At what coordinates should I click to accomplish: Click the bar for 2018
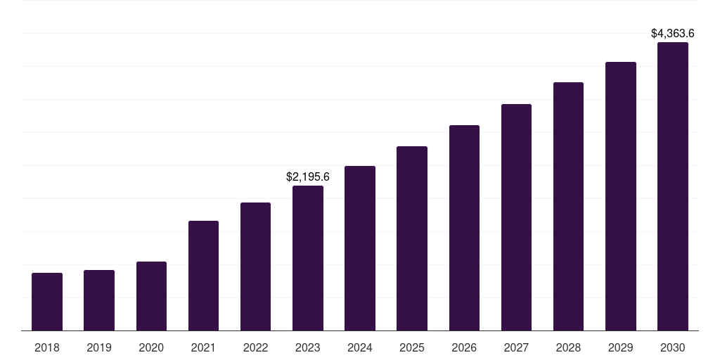[x=47, y=302]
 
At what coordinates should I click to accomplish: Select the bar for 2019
[x=99, y=300]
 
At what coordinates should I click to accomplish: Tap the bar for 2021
[x=203, y=276]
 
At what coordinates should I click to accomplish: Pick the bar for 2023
[x=308, y=258]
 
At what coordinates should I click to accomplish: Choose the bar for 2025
[x=412, y=238]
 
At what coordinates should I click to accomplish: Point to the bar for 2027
[x=516, y=217]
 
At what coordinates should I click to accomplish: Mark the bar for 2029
[x=621, y=196]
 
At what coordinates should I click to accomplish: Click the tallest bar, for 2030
[x=673, y=186]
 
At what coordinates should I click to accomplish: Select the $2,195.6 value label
[x=308, y=177]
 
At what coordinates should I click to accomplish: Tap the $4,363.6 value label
[x=673, y=33]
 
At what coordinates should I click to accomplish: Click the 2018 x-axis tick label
[x=47, y=347]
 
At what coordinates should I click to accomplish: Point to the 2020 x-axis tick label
[x=151, y=347]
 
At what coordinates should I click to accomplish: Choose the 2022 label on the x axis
[x=255, y=347]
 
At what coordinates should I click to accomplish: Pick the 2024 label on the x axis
[x=360, y=347]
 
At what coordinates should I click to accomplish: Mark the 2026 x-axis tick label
[x=464, y=347]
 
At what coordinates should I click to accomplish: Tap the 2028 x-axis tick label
[x=568, y=347]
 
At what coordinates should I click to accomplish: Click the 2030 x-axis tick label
[x=673, y=347]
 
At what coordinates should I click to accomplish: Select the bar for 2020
[x=151, y=296]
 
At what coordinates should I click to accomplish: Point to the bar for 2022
[x=255, y=266]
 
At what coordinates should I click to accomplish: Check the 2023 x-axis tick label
[x=308, y=347]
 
